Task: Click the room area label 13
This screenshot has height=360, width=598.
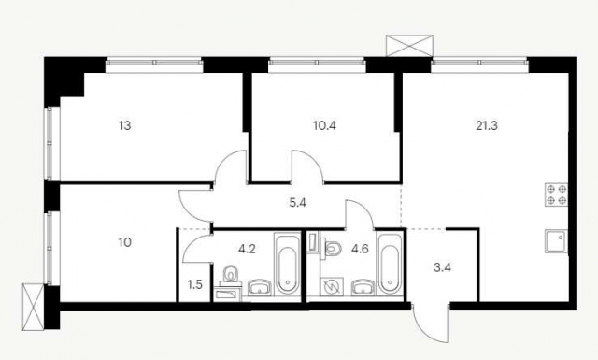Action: [124, 125]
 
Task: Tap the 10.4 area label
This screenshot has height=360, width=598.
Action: [324, 125]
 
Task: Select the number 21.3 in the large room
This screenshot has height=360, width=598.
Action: [487, 125]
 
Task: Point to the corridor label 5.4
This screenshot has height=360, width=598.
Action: [297, 203]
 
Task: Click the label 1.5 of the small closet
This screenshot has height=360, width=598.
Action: [195, 285]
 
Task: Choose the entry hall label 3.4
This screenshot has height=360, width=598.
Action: [442, 267]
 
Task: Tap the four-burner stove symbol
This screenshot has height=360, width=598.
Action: [557, 194]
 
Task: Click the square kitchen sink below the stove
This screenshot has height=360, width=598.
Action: [557, 241]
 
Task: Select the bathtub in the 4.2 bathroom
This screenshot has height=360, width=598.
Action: [286, 264]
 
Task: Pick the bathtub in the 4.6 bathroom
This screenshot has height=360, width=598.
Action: [389, 264]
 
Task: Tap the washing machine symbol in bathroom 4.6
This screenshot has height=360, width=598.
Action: [333, 287]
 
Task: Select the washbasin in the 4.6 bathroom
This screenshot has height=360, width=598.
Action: [363, 288]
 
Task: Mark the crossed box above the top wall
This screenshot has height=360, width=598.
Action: [409, 46]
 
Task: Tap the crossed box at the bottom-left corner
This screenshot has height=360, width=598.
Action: [34, 307]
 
